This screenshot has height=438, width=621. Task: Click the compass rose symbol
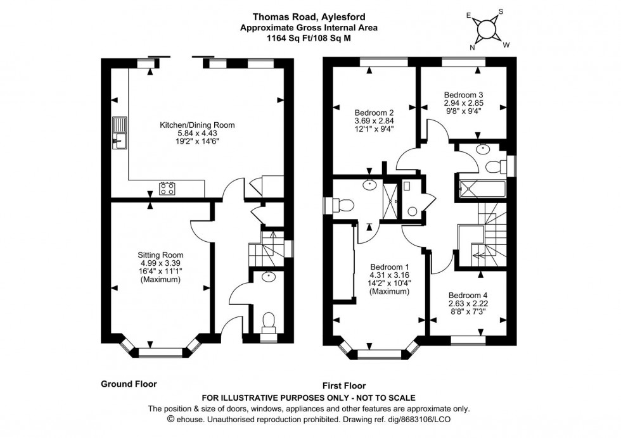486,28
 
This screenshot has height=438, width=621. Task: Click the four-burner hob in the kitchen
167,188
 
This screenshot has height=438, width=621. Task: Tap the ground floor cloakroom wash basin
269,277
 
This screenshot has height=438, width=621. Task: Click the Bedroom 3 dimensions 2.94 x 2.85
463,103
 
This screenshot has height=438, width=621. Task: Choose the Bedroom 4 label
468,295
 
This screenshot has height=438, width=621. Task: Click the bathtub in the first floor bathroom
480,188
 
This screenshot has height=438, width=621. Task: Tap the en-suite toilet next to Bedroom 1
343,206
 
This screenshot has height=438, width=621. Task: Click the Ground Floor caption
129,384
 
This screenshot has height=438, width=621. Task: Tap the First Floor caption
344,385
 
